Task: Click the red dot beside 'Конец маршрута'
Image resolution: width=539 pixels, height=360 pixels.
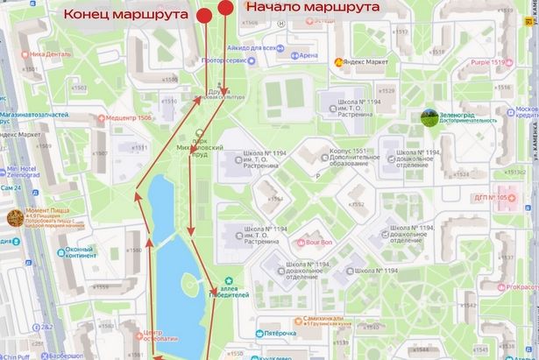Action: pyautogui.click(x=204, y=16)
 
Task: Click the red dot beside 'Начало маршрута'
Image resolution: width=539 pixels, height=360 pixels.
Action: pyautogui.click(x=226, y=8)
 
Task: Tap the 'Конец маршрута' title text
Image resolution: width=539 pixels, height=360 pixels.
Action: pyautogui.click(x=128, y=15)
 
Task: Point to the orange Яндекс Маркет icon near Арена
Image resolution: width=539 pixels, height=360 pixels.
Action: pyautogui.click(x=337, y=62)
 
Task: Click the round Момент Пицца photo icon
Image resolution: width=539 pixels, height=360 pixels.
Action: pyautogui.click(x=16, y=217)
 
